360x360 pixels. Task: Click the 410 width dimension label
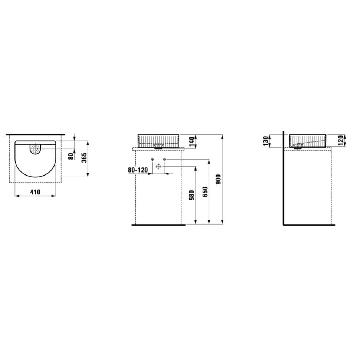click(x=35, y=192)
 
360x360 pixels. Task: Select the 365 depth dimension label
click(x=84, y=157)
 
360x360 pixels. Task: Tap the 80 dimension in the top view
click(x=71, y=156)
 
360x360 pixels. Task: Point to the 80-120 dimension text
click(x=138, y=170)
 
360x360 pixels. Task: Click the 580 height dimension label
click(x=192, y=195)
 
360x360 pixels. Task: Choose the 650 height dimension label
click(x=205, y=192)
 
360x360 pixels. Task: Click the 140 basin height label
click(x=192, y=141)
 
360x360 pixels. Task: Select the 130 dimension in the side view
click(x=266, y=141)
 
